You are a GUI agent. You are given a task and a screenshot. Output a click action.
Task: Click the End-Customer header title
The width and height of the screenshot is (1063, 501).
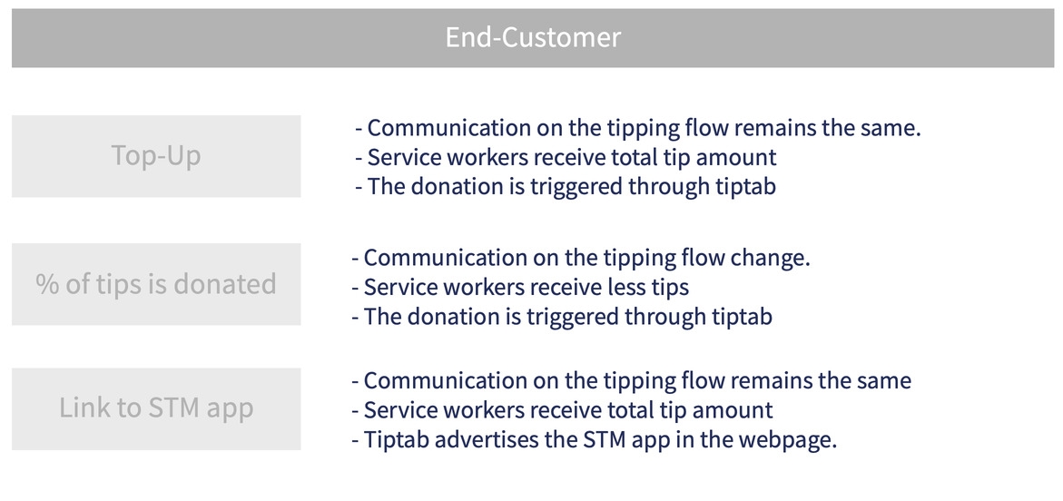point(532,37)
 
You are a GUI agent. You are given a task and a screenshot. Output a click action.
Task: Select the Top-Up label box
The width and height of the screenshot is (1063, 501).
point(156,156)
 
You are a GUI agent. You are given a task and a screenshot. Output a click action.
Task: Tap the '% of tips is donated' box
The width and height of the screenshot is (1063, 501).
point(156,284)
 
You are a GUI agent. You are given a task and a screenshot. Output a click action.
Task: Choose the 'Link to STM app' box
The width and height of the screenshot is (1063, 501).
point(156,408)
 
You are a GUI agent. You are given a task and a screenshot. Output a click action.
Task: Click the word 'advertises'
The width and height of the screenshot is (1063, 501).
point(497,439)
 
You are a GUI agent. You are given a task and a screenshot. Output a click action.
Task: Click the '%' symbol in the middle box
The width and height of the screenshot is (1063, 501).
point(47,284)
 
